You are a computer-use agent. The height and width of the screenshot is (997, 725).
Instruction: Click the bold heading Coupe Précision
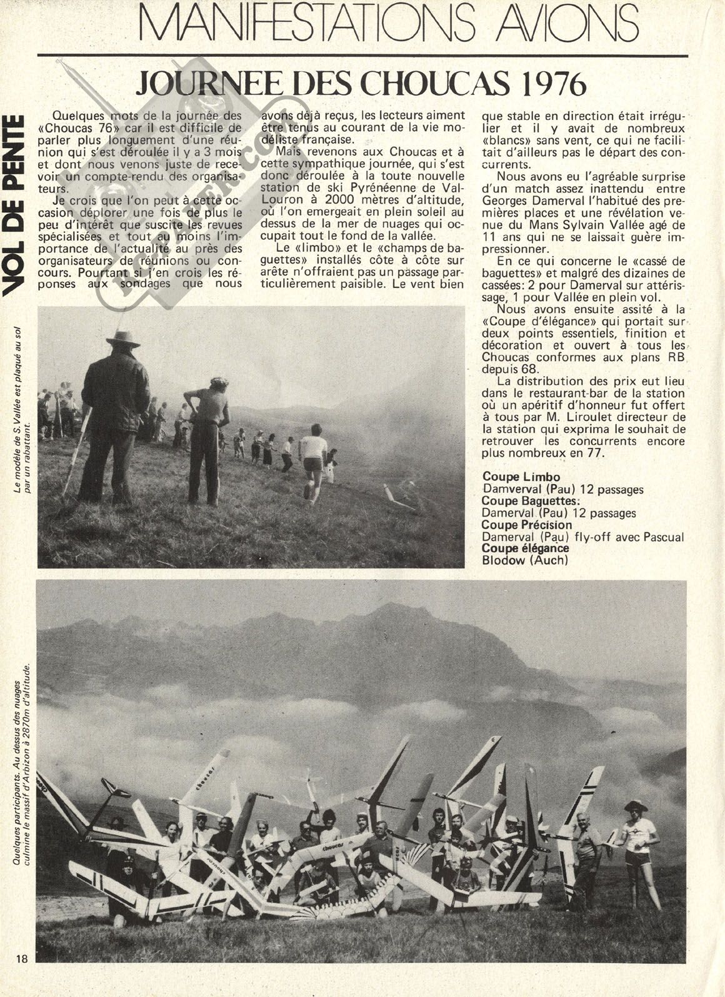(527, 525)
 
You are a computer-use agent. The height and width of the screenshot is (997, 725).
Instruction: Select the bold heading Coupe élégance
(526, 548)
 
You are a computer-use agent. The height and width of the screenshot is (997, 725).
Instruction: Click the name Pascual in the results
(662, 537)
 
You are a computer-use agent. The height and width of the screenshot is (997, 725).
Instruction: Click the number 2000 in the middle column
(334, 199)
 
